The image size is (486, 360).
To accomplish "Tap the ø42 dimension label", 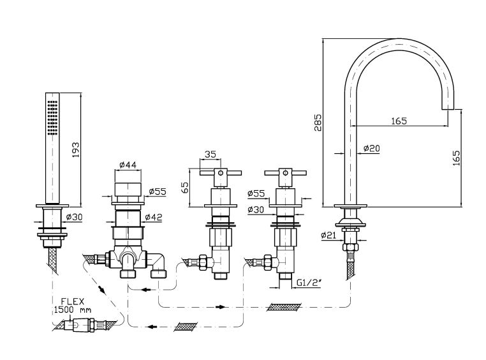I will point(154,216).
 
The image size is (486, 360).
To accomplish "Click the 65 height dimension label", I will point(185,188).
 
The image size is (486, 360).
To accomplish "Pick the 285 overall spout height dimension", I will point(318,121).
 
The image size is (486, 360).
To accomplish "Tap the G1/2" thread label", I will point(311,281).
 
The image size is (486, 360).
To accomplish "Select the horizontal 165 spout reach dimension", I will point(399,119).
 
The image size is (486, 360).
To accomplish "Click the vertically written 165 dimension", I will point(455,158).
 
